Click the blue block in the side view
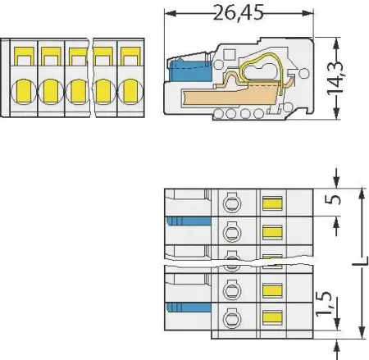pyautogui.click(x=183, y=71)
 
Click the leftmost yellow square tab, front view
pyautogui.click(x=24, y=56)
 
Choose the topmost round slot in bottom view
pyautogui.click(x=232, y=203)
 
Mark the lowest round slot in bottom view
pyautogui.click(x=232, y=315)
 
